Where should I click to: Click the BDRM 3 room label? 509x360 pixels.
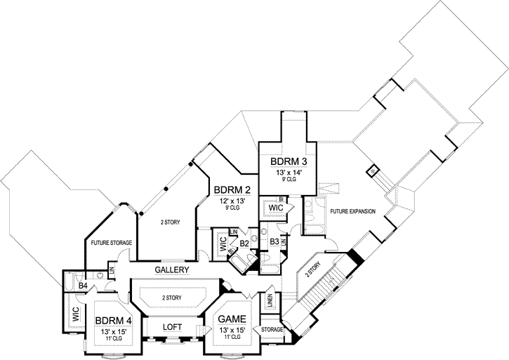pyautogui.click(x=288, y=161)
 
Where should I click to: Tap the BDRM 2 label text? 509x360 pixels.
pyautogui.click(x=232, y=189)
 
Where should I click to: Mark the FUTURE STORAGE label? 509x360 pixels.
pyautogui.click(x=112, y=242)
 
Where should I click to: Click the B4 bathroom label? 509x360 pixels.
pyautogui.click(x=82, y=286)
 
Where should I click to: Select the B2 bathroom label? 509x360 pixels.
pyautogui.click(x=245, y=244)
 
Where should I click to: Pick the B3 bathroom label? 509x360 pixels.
pyautogui.click(x=275, y=242)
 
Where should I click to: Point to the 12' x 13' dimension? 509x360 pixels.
pyautogui.click(x=232, y=200)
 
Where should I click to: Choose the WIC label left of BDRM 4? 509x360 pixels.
pyautogui.click(x=75, y=316)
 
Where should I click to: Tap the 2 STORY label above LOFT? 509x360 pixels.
pyautogui.click(x=172, y=298)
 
